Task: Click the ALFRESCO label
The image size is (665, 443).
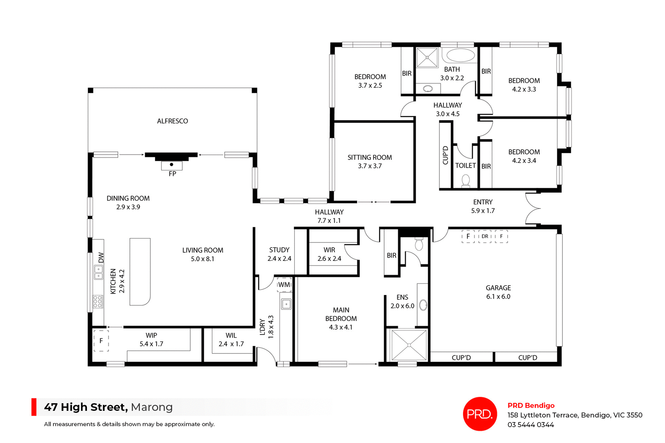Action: tap(172, 121)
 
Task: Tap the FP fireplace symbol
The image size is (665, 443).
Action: tap(172, 165)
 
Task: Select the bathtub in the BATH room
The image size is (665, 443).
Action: tap(460, 55)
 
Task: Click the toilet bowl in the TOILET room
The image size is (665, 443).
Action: tap(466, 180)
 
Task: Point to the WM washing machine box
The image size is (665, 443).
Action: tap(284, 285)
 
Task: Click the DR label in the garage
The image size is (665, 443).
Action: tap(485, 237)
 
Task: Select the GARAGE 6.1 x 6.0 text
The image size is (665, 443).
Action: tap(498, 292)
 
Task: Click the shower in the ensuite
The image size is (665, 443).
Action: tap(409, 345)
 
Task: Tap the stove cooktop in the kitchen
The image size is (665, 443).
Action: tap(98, 302)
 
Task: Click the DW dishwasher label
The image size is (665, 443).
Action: tap(101, 257)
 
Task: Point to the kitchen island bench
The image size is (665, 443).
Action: tap(140, 271)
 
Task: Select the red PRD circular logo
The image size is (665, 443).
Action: tap(480, 414)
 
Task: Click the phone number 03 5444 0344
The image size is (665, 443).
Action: tap(531, 425)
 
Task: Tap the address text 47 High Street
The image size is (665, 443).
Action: tap(86, 407)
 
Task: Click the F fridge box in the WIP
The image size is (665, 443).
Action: tap(101, 341)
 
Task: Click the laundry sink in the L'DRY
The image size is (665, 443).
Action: tap(286, 304)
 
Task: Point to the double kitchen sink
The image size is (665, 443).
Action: tap(99, 273)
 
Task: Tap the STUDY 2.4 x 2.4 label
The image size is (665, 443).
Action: tap(279, 254)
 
